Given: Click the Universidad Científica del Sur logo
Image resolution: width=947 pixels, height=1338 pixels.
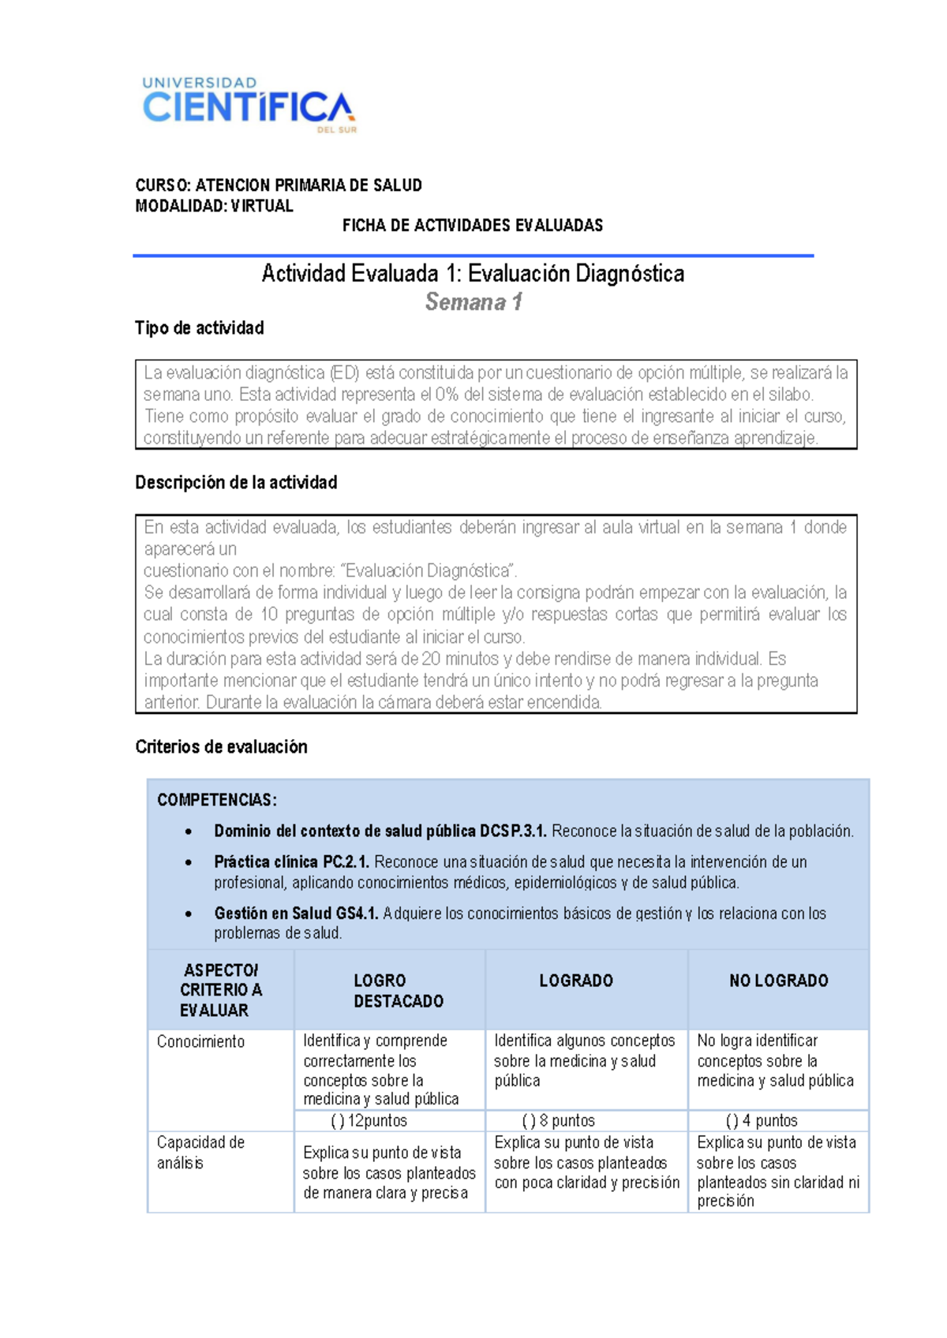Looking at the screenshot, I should point(249,105).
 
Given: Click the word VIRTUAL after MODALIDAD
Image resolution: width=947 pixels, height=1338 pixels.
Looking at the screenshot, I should point(262,206).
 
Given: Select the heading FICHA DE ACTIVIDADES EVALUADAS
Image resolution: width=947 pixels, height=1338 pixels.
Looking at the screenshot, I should point(472,226).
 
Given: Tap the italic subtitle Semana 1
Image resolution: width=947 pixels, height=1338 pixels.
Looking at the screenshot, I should point(473,302).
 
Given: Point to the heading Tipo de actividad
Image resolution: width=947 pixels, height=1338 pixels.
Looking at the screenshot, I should point(199,328).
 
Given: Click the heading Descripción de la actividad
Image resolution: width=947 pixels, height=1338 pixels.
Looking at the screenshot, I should point(236,483).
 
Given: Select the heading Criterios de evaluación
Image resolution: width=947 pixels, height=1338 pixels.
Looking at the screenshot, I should point(221,747).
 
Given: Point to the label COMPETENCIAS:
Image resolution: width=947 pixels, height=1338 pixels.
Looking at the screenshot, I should point(217,800).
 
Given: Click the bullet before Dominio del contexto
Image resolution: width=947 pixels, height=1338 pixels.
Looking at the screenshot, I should point(188,832).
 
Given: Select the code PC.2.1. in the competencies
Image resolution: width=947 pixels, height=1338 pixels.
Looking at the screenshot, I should point(346,862).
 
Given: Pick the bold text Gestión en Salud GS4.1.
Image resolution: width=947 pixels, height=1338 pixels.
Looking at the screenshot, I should point(296,914).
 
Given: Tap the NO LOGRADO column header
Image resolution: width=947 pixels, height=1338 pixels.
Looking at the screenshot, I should point(778,981).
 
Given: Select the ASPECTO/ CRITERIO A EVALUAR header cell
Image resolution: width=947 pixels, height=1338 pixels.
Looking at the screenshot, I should point(220,990).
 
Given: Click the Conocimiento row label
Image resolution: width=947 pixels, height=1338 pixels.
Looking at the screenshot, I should point(200,1042).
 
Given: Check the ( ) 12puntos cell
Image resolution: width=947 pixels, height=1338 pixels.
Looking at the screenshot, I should point(369,1121).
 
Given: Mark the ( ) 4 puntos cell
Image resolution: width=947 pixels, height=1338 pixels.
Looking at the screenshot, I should point(761,1121).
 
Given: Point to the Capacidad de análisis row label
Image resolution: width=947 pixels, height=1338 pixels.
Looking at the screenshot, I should point(200,1153).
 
